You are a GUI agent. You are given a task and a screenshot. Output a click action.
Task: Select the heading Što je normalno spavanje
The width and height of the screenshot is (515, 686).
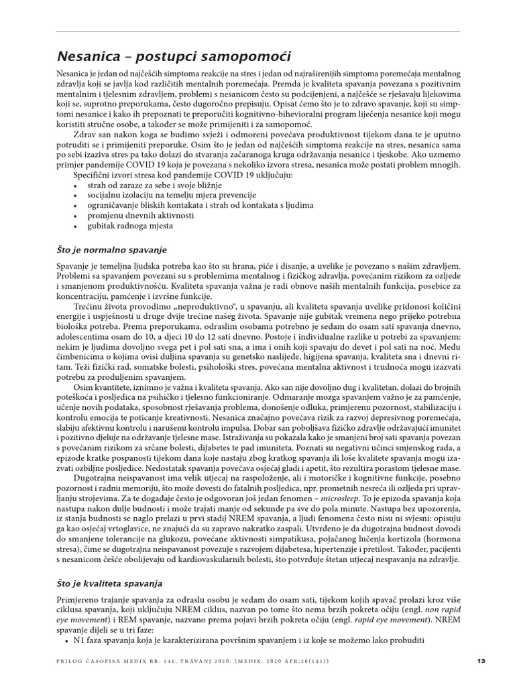pos(111,249)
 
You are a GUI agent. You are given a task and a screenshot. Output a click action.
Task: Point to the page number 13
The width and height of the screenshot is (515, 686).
pos(479,661)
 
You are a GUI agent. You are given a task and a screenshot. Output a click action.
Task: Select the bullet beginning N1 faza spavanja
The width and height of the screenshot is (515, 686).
pos(241,640)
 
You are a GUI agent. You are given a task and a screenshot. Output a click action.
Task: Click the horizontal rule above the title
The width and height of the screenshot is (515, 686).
pos(257,31)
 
